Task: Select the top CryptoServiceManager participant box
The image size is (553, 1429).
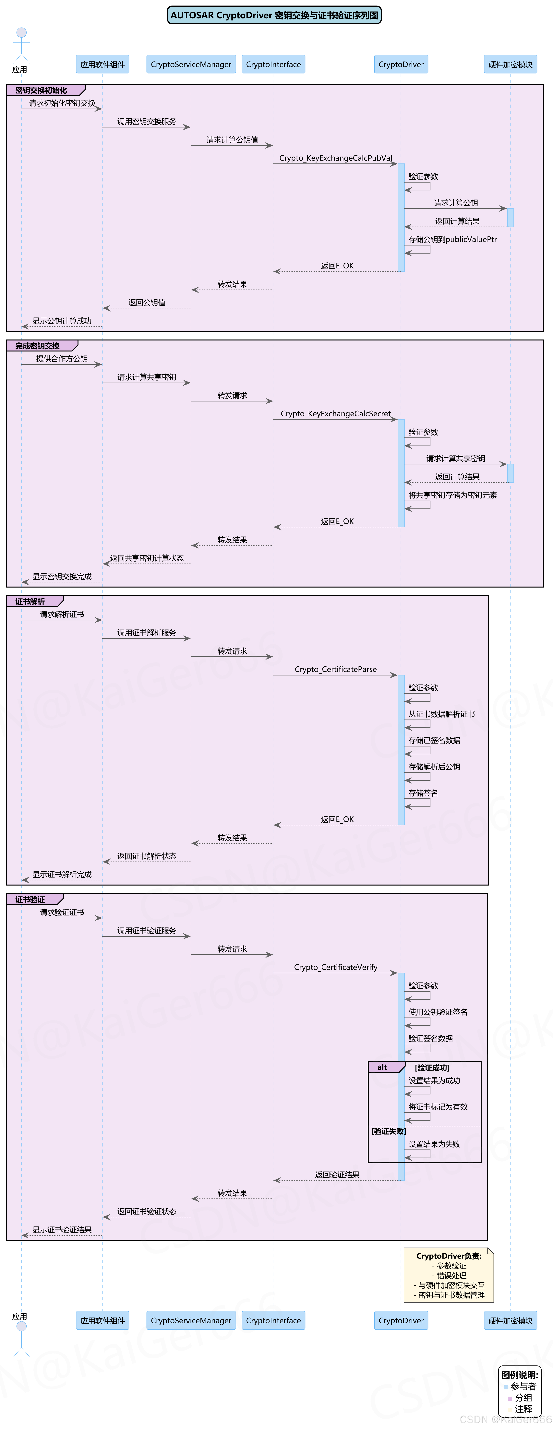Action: click(191, 64)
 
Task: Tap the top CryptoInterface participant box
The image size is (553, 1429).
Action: click(273, 64)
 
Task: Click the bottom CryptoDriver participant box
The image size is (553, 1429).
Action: click(401, 1320)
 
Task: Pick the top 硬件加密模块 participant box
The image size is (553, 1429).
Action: click(510, 64)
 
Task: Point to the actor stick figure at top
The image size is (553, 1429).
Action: click(21, 44)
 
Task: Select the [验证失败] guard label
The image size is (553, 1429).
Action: click(388, 1131)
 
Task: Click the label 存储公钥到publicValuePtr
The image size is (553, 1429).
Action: click(452, 240)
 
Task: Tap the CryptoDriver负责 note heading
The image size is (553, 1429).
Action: click(448, 1256)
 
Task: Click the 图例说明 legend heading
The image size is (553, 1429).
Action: click(519, 1375)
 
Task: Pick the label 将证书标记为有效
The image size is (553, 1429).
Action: click(438, 1107)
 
